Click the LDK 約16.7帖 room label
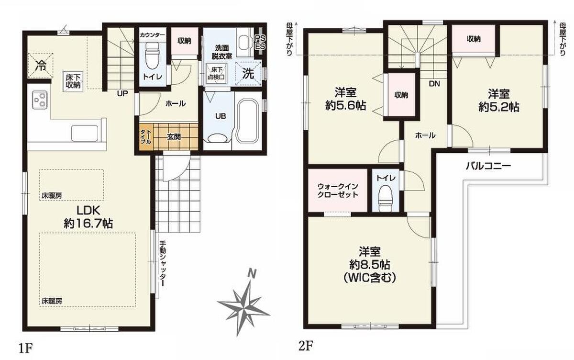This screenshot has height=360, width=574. click(x=88, y=217)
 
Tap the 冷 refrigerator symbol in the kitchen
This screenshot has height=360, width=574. click(x=41, y=66)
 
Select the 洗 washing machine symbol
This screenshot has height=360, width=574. click(x=248, y=74)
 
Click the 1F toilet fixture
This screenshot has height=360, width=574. click(x=152, y=56)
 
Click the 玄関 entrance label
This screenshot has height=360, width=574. click(x=174, y=137)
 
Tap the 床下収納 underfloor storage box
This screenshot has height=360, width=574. click(x=73, y=81)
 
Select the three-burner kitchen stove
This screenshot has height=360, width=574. click(x=40, y=100)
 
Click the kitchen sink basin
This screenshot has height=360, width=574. click(x=84, y=133)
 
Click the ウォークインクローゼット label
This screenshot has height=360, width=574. click(x=338, y=191)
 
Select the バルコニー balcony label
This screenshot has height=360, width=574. click(x=488, y=166)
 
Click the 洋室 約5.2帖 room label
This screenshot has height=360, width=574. click(x=498, y=100)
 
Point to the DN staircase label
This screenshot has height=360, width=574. click(x=434, y=84)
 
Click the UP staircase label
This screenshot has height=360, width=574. click(x=122, y=93)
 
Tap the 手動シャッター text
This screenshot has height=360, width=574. click(x=163, y=264)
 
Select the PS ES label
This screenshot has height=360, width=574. click(x=260, y=43)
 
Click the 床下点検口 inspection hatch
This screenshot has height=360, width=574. click(x=216, y=74)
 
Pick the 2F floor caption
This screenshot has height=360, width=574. click(x=306, y=347)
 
